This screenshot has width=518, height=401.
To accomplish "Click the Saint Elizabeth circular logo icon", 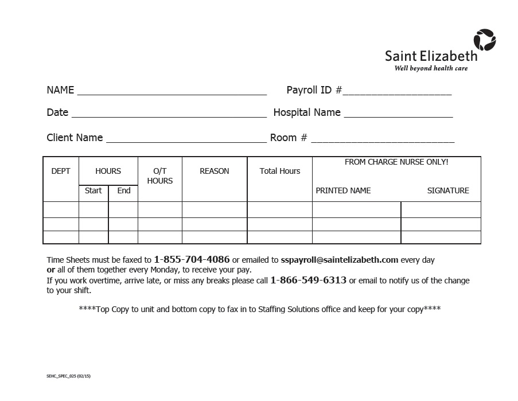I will (484, 40).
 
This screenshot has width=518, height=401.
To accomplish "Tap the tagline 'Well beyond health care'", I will (430, 68).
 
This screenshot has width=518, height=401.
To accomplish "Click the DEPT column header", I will (61, 171).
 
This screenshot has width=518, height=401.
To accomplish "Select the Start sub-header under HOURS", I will (93, 190).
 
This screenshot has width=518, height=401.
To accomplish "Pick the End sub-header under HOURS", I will (124, 190).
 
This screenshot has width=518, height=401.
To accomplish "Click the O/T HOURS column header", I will (159, 176).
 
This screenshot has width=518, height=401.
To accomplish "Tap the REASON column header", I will (215, 171).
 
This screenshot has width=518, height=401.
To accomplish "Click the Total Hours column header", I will (280, 171).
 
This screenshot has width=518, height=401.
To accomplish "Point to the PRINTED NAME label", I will (343, 190).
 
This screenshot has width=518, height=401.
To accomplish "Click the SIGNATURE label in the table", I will (448, 190).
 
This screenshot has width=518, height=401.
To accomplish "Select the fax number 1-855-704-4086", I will (192, 259).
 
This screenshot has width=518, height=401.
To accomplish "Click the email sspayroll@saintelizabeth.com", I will (340, 259).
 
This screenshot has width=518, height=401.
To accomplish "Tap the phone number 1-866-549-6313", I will (308, 280).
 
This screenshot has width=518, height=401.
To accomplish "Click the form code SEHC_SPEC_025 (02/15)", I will (68, 376).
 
